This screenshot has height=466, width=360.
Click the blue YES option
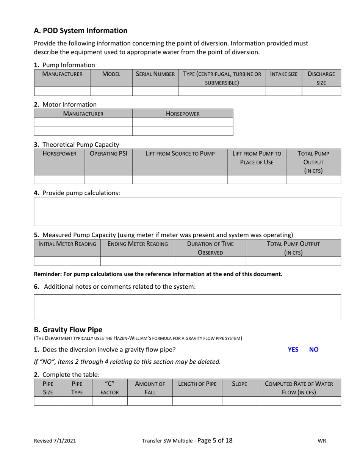point(293,350)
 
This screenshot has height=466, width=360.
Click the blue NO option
point(314,350)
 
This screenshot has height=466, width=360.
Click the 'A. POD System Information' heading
point(81,31)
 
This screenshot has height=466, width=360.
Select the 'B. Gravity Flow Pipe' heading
point(68,330)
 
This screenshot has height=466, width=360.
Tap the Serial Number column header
point(155,74)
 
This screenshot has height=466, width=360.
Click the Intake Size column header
point(283,74)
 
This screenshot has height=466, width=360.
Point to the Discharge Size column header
point(321,78)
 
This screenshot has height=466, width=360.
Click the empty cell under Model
point(111,91)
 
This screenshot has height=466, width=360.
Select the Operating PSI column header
point(108,153)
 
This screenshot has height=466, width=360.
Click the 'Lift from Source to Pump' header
point(180,153)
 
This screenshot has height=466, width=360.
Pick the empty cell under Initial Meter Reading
point(67,261)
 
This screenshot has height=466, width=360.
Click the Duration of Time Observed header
point(210,248)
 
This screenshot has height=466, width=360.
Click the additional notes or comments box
point(187,307)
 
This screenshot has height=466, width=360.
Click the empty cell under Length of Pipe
point(197,401)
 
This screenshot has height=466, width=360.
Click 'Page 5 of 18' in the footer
point(215,440)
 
